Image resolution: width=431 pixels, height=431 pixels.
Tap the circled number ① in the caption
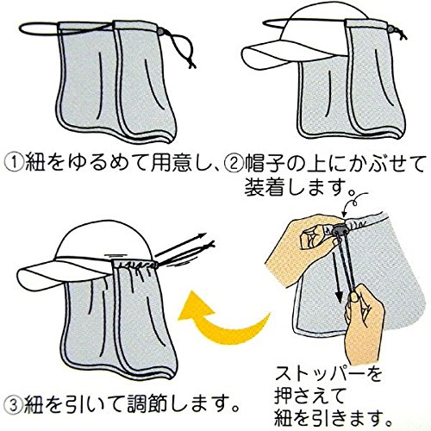(14, 164)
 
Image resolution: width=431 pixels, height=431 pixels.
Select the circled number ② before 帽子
(232, 164)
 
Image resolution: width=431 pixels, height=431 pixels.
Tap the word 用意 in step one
(171, 164)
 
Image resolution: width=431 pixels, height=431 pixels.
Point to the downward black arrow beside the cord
(339, 278)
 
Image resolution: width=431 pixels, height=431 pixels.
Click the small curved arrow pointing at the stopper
(355, 203)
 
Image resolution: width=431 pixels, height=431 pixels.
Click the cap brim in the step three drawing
(64, 275)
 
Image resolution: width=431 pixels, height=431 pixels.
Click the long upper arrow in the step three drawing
(181, 245)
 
